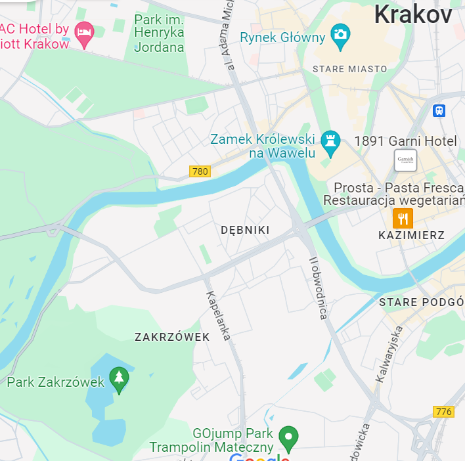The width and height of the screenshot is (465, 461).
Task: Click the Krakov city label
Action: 413,14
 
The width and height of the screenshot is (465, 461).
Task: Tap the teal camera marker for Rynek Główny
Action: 340,37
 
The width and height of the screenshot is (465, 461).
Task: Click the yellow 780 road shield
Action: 200,171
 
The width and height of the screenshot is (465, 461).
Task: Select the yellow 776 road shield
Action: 444,411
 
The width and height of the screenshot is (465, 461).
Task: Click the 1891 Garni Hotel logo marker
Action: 405,160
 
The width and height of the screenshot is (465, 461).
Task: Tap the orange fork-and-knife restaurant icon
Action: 403,218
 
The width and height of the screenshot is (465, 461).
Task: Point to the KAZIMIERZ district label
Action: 412,235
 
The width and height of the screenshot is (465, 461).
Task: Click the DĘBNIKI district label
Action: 245,230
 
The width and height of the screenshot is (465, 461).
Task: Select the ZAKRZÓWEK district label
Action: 172,337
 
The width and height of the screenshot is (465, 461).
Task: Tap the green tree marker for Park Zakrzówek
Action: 119,379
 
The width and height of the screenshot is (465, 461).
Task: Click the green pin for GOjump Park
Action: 288,435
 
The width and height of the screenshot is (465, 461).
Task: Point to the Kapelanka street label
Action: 219,315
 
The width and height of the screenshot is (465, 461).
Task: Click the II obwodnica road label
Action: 319,288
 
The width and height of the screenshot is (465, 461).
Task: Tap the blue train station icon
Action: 439,110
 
